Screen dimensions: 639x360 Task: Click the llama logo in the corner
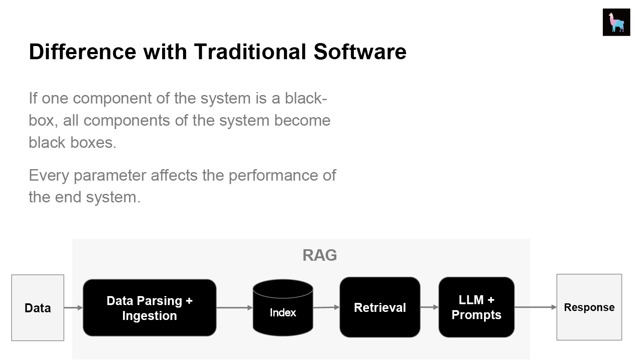[616, 22]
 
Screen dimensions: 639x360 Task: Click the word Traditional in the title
[250, 52]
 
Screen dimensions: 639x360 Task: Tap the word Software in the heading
[360, 52]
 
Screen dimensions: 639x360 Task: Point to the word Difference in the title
[83, 52]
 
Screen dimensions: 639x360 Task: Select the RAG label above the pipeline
[319, 255]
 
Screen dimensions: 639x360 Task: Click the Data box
[37, 308]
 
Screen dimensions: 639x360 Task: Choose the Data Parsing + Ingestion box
[149, 308]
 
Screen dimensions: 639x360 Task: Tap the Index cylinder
[283, 308]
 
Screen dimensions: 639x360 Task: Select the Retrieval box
[380, 307]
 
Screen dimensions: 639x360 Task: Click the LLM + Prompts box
[476, 307]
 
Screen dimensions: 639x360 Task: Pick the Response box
[589, 307]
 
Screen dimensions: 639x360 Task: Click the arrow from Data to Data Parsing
[73, 308]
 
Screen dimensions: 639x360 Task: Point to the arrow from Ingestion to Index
[235, 308]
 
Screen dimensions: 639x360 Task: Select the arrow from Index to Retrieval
[327, 308]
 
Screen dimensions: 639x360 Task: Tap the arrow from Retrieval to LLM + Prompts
[429, 307]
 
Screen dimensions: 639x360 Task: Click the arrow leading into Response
[536, 307]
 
